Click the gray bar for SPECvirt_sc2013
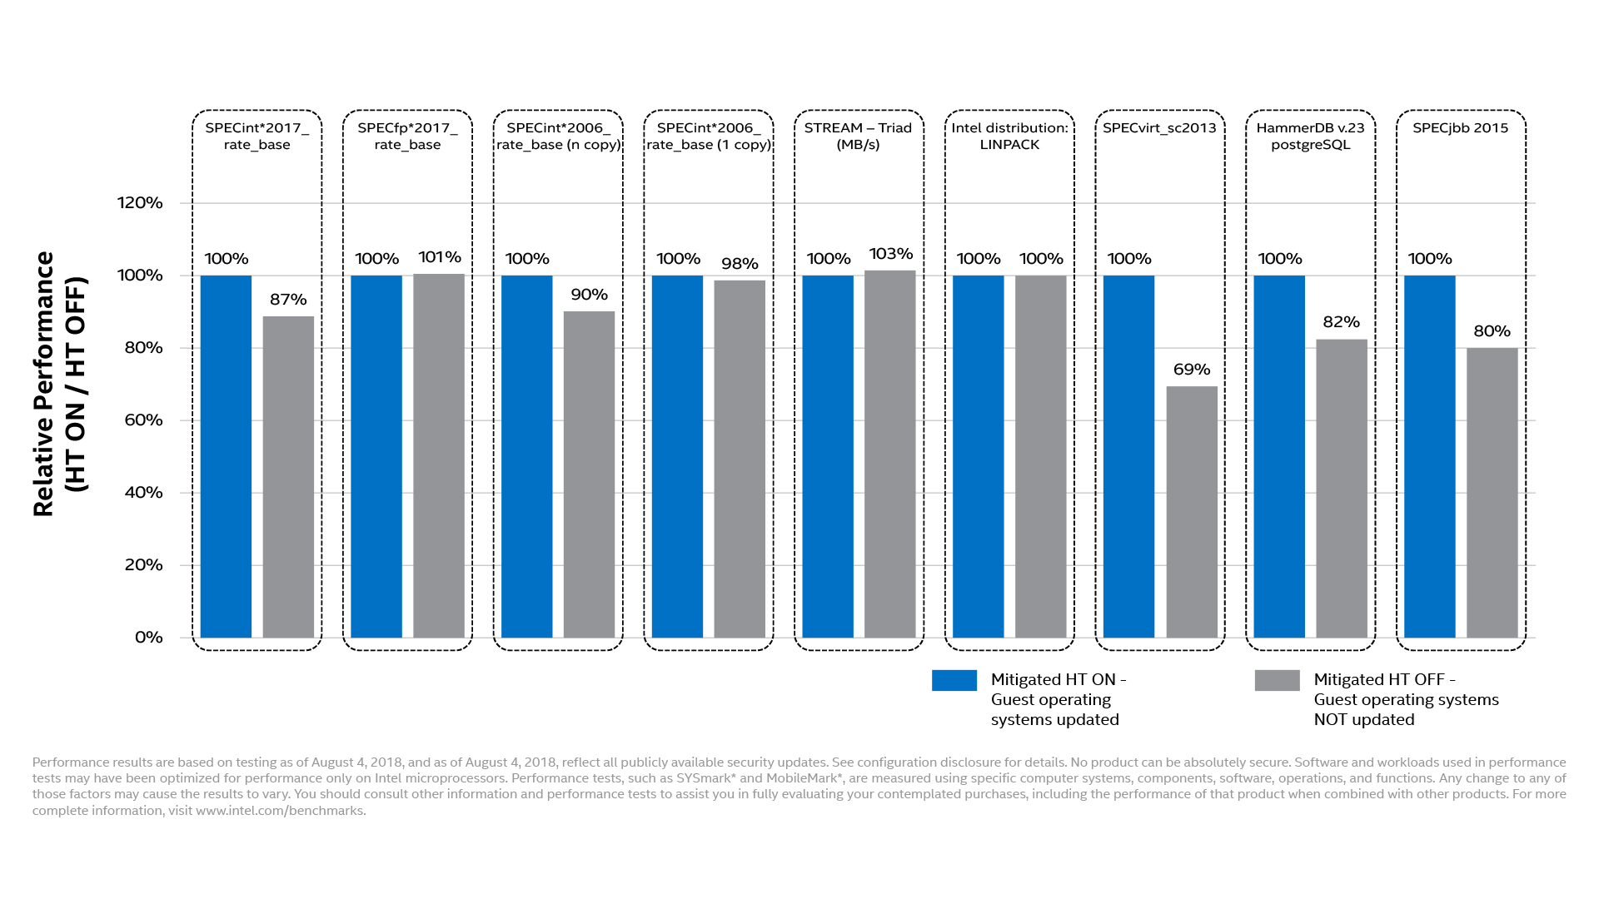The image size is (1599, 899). coord(1192,512)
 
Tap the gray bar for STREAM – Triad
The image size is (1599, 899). coord(890,454)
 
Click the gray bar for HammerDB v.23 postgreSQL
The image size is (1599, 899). coord(1342,489)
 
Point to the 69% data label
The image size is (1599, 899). coord(1192,370)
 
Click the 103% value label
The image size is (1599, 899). coord(891,254)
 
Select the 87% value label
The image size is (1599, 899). coord(288,300)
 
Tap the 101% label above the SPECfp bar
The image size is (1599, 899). coord(440,257)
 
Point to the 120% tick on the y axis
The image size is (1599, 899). coord(140,203)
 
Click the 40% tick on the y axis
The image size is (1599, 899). coord(143,493)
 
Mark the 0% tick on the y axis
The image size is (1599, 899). coord(148,638)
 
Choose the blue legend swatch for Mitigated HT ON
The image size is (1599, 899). coord(954,680)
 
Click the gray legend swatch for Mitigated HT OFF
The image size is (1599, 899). coord(1277,680)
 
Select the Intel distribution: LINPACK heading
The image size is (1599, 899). coord(1009,136)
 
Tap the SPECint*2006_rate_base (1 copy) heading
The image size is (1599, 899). coord(709,136)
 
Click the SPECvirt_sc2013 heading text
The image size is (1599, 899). coord(1159,128)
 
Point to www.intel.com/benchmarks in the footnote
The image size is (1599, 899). coord(280,811)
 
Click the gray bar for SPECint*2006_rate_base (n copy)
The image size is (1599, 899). coord(589,474)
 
